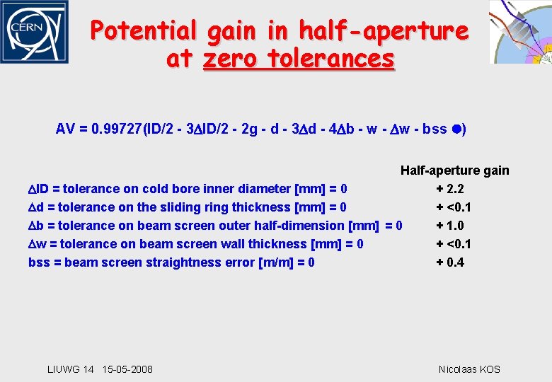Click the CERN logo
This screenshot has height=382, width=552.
pos(34,33)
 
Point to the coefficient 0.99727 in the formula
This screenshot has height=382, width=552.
pos(117,129)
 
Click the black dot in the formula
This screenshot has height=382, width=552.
pos(456,129)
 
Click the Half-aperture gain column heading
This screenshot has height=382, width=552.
pos(454,170)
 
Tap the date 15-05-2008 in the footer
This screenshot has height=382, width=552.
pos(127,369)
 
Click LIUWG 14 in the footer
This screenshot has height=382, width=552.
pos(70,369)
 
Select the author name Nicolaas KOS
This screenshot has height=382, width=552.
pos(469,369)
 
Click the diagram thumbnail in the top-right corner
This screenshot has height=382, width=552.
pos(520,32)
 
